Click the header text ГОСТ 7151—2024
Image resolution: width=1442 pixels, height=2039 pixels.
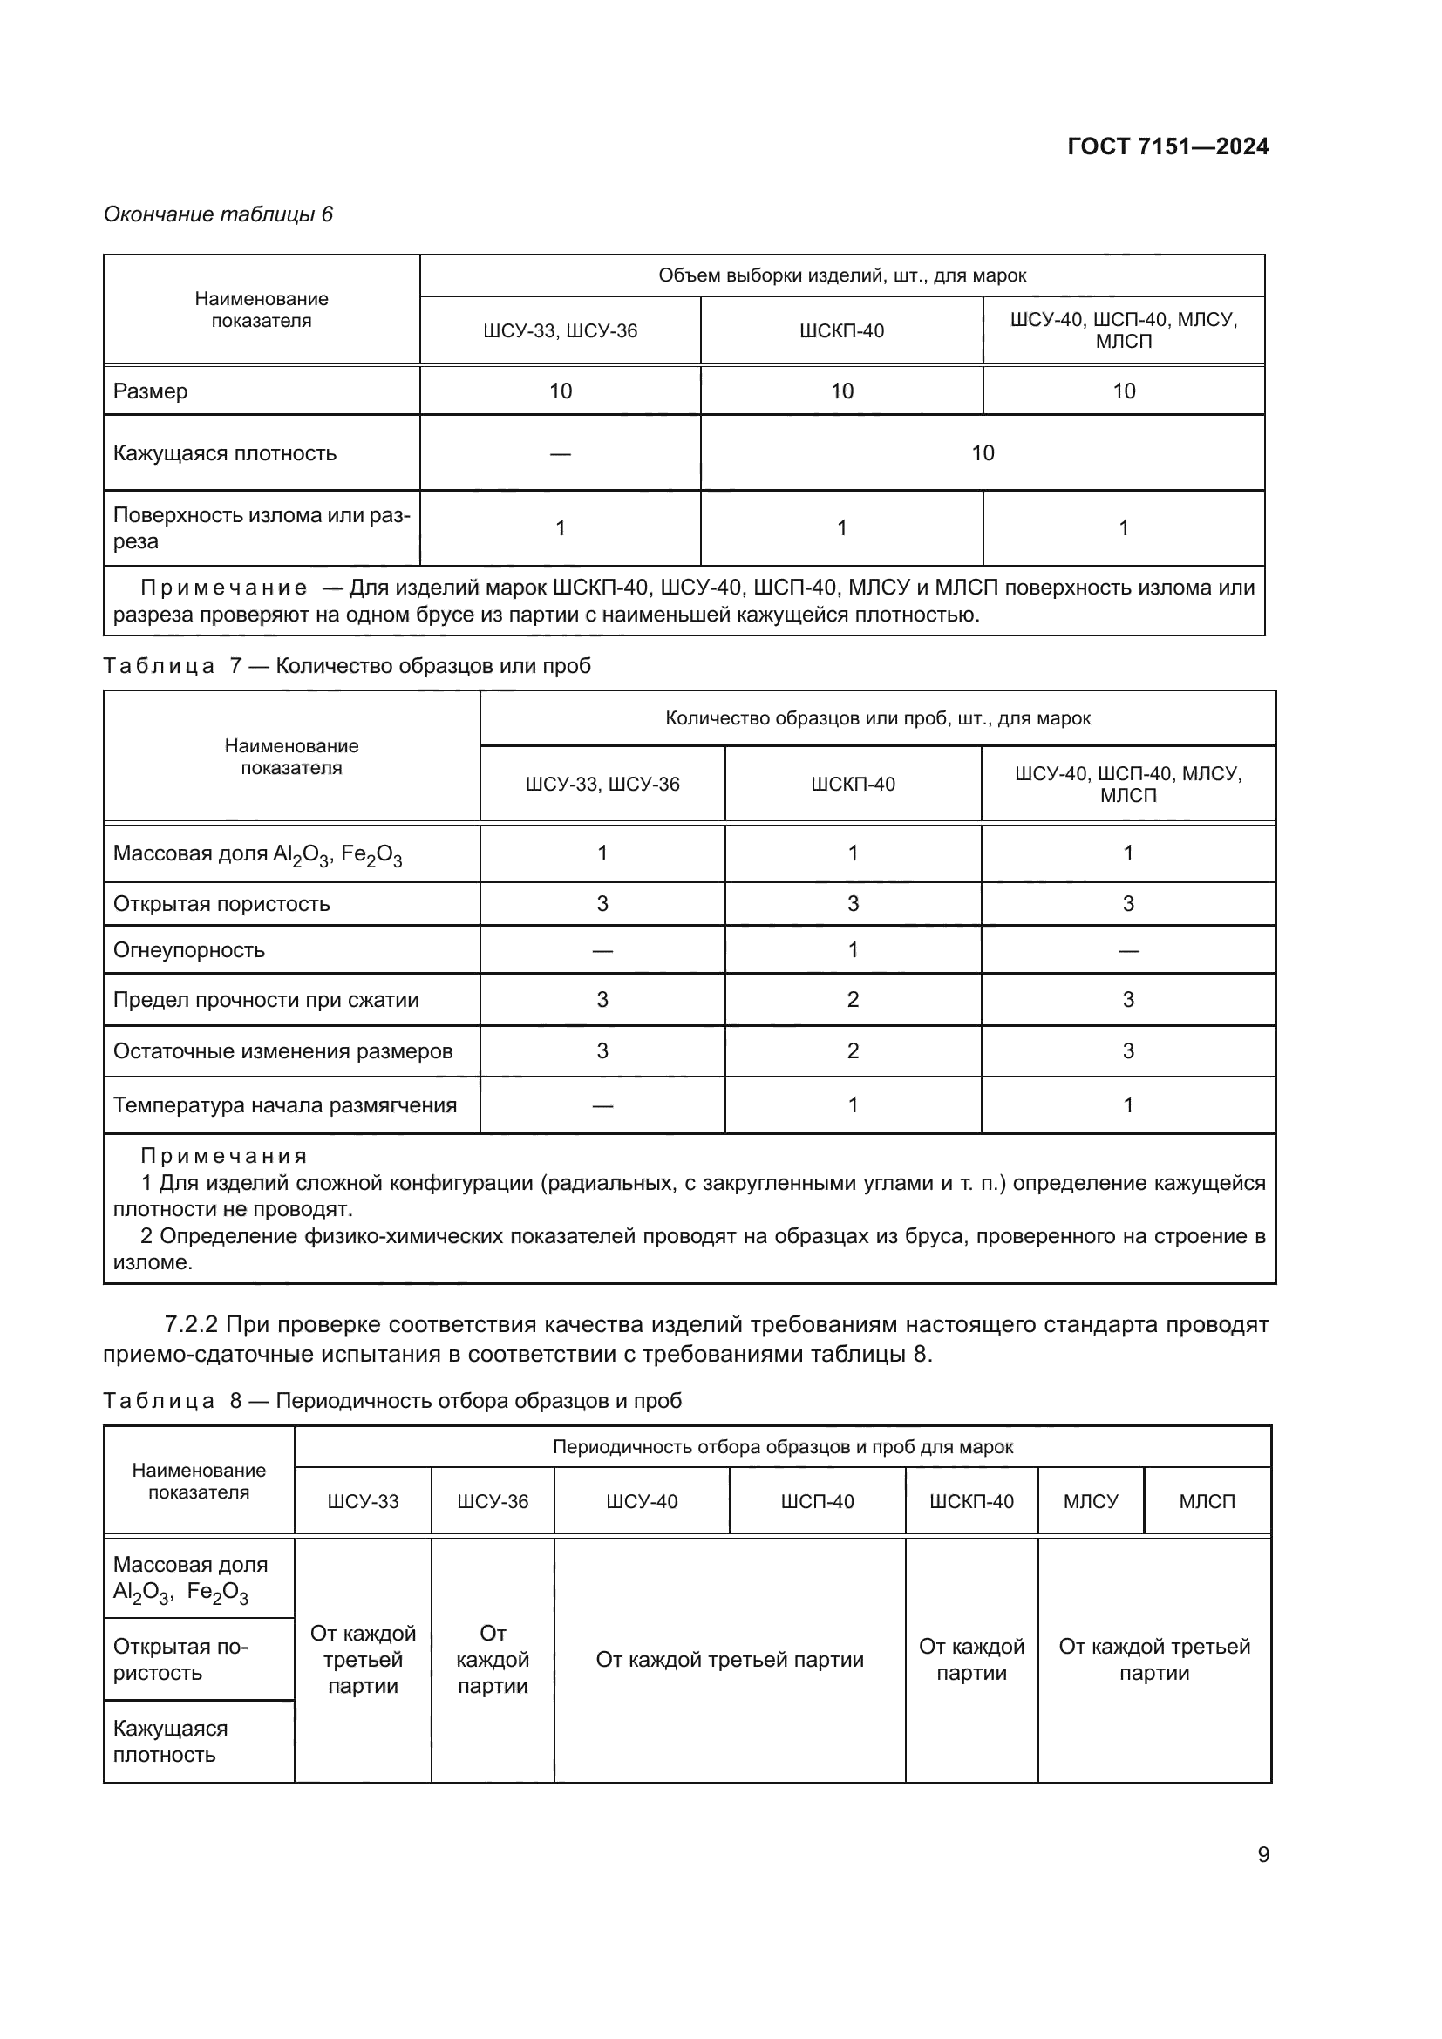1167,146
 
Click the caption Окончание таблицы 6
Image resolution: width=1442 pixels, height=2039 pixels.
219,214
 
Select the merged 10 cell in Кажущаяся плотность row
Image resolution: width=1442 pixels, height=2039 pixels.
982,453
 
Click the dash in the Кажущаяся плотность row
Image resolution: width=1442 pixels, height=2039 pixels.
561,454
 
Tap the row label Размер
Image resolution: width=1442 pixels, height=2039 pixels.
151,391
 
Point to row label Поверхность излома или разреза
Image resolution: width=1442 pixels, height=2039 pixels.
261,527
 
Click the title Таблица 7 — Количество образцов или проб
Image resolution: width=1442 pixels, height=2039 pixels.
347,665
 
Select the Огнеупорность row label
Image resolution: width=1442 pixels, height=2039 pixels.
189,949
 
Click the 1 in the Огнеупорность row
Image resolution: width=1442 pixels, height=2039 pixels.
853,949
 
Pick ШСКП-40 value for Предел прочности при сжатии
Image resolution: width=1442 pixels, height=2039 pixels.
853,999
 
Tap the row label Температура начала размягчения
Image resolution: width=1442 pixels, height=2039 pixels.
285,1104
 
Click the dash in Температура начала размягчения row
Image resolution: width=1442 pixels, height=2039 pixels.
602,1105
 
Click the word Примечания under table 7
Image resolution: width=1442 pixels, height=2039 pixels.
224,1155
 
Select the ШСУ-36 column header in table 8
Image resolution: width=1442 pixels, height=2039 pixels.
493,1501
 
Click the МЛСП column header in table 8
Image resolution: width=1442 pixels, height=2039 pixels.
1207,1501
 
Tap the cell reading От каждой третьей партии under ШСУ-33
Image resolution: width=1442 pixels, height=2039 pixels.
364,1659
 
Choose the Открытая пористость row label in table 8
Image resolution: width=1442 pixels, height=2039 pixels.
181,1659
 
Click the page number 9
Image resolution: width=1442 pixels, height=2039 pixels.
1262,1854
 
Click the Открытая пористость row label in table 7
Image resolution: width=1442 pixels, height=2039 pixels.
222,903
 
